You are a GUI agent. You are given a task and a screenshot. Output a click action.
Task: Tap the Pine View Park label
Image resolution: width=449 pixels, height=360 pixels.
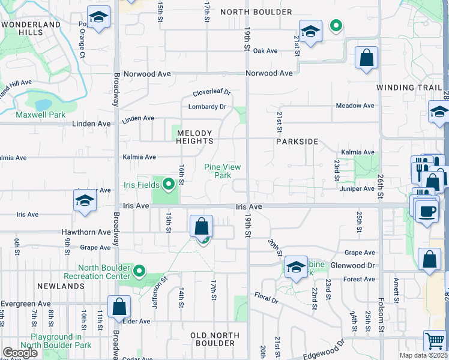pyautogui.click(x=223, y=171)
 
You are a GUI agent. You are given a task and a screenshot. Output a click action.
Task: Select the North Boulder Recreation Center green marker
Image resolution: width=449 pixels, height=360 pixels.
pyautogui.click(x=139, y=272)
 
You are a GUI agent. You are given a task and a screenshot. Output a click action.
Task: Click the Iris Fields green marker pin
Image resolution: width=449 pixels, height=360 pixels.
pyautogui.click(x=168, y=184)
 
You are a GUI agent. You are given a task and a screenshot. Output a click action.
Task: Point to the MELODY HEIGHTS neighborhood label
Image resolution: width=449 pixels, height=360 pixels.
pyautogui.click(x=194, y=137)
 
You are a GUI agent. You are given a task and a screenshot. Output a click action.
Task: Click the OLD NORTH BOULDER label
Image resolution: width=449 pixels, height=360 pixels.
pyautogui.click(x=212, y=339)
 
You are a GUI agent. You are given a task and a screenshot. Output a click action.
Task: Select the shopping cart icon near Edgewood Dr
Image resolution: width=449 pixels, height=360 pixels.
pyautogui.click(x=435, y=341)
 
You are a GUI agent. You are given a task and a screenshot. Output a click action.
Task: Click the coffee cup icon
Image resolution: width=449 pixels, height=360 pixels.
pyautogui.click(x=427, y=212)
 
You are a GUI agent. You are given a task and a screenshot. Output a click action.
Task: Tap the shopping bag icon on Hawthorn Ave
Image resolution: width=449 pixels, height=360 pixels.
pyautogui.click(x=202, y=227)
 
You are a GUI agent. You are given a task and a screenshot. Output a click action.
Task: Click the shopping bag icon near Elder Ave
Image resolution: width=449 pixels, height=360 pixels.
pyautogui.click(x=119, y=307)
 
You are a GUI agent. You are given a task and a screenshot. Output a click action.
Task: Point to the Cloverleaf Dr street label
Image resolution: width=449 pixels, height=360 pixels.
pyautogui.click(x=212, y=93)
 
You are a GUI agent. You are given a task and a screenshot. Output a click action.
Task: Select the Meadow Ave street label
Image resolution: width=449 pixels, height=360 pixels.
pyautogui.click(x=355, y=106)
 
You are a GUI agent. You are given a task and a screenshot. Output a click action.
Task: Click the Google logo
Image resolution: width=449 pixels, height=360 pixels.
pyautogui.click(x=20, y=353)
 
